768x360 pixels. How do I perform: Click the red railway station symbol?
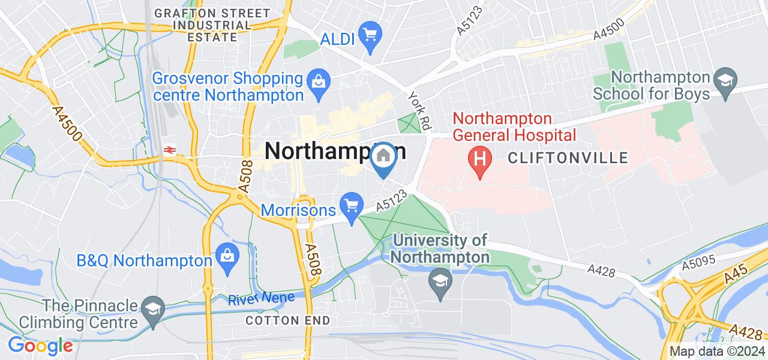pyautogui.click(x=170, y=150)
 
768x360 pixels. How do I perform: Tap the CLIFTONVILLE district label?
pyautogui.click(x=568, y=158)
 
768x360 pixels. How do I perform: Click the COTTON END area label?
pyautogui.click(x=288, y=320)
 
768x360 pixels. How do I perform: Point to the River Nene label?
pyautogui.click(x=261, y=298)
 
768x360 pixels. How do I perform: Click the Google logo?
pyautogui.click(x=40, y=346)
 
